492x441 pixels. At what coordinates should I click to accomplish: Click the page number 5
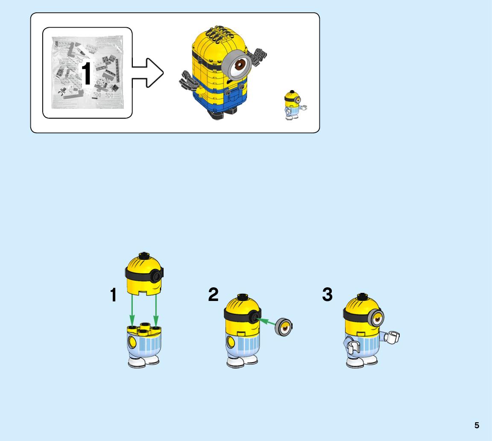[477, 425]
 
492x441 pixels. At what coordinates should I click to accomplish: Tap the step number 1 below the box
[113, 295]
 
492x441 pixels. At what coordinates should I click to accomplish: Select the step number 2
[214, 295]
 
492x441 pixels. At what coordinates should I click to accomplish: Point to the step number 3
[327, 295]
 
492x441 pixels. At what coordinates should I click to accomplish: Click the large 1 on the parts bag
[86, 73]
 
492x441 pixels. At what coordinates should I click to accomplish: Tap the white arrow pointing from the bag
[147, 73]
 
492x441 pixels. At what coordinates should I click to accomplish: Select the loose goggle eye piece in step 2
[284, 327]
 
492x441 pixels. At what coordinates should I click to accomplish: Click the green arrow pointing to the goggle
[266, 322]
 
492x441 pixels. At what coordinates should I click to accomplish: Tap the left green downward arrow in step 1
[132, 311]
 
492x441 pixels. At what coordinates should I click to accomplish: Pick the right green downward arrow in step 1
[155, 310]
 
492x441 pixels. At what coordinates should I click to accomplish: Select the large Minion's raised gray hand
[257, 56]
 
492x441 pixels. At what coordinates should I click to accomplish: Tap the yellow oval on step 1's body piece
[132, 342]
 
